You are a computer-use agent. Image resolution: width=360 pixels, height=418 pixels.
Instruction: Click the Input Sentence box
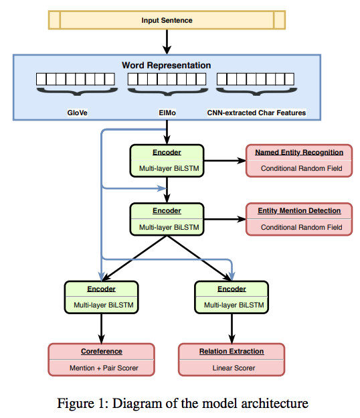167,20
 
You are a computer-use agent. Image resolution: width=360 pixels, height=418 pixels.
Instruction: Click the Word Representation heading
166,66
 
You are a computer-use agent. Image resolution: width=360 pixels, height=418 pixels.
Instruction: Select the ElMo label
166,113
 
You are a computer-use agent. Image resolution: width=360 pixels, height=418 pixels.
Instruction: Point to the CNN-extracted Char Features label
256,113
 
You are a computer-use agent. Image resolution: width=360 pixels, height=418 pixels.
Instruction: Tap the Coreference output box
101,360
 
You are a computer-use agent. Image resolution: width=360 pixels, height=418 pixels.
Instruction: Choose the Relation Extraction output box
231,360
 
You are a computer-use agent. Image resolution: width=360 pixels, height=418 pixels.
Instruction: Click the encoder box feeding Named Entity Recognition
167,161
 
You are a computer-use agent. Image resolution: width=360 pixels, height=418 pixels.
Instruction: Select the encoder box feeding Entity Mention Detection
167,218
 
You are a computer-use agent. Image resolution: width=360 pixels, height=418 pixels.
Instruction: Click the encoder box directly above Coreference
101,297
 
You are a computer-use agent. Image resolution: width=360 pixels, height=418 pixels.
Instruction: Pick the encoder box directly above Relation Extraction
231,297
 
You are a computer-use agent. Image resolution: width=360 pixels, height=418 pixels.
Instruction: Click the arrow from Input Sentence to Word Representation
167,42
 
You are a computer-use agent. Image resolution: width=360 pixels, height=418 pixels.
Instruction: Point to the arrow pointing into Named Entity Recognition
224,161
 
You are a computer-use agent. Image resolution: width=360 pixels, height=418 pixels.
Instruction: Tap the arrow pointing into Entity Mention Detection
224,218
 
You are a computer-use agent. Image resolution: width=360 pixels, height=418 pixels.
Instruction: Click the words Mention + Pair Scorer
101,368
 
